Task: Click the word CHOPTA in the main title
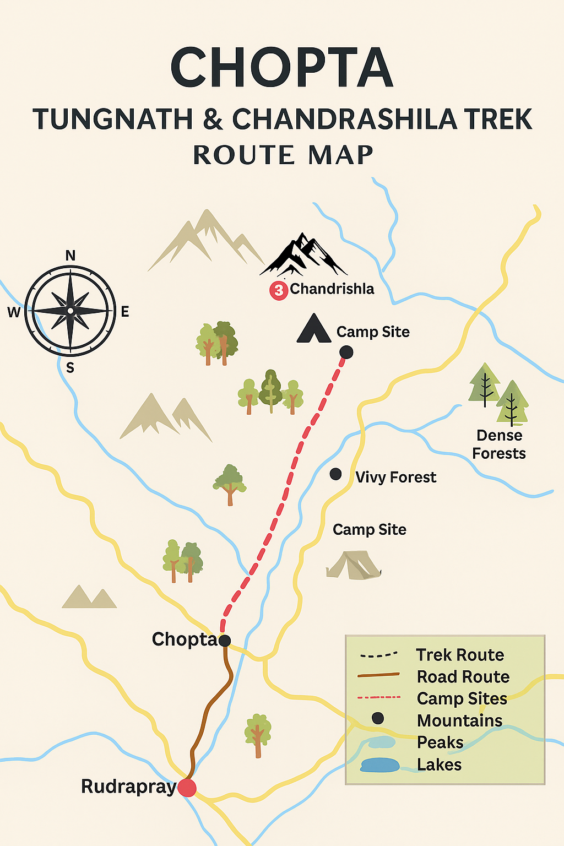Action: [282, 67]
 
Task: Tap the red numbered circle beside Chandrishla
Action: [279, 290]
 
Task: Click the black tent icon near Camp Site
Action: [313, 329]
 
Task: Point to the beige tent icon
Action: [353, 565]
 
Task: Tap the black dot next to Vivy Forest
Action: [335, 474]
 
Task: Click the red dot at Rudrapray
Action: [187, 788]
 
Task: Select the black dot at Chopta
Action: [225, 640]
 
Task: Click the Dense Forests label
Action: [499, 444]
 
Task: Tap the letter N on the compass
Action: [70, 256]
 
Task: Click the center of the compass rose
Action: [70, 311]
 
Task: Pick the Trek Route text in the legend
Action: [460, 655]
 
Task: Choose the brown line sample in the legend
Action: [378, 675]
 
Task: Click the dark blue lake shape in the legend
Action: [379, 765]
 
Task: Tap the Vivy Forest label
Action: [395, 477]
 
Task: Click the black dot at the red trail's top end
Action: [346, 352]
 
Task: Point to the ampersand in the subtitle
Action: [213, 120]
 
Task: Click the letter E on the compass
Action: [125, 312]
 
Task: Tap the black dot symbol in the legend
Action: [377, 718]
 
